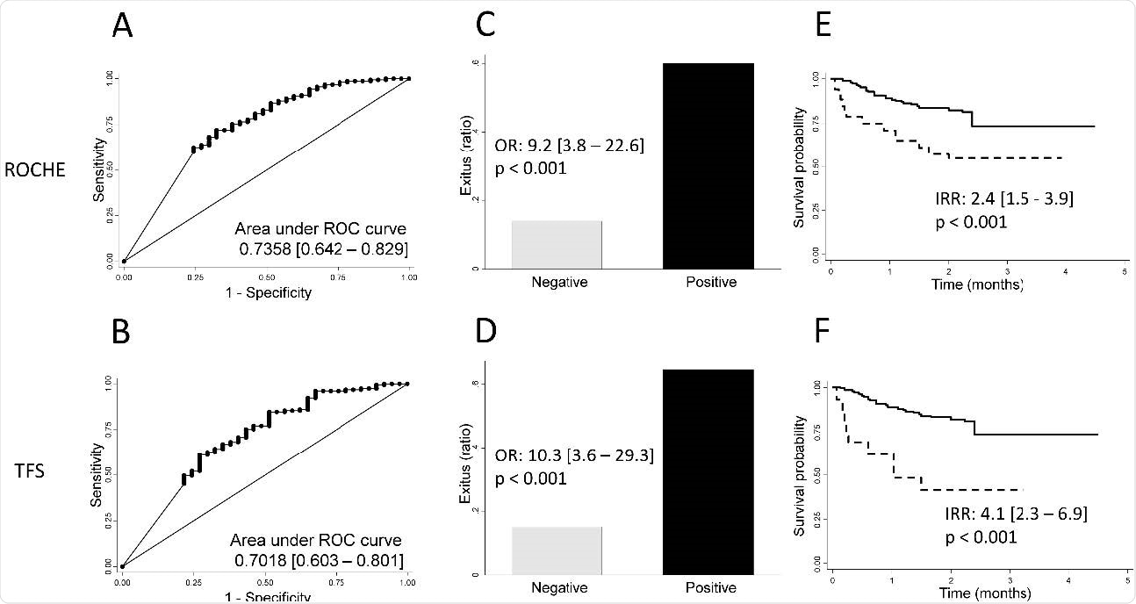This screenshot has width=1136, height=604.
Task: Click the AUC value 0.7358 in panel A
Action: click(x=269, y=249)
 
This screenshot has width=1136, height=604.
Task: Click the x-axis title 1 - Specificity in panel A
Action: click(x=267, y=292)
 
